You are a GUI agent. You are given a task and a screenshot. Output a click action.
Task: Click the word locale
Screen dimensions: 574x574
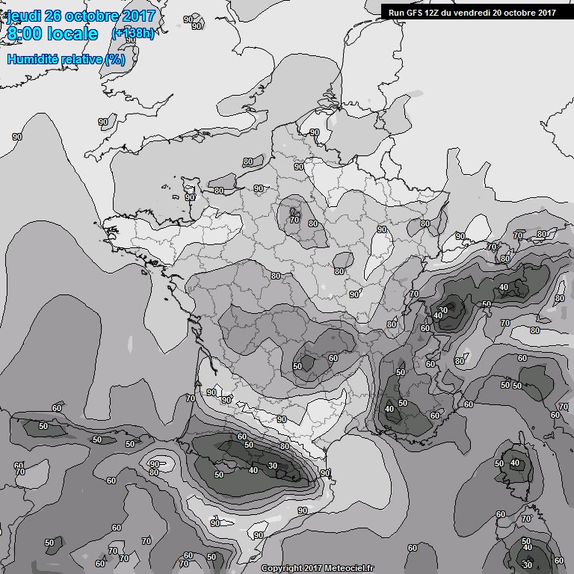(x=75, y=34)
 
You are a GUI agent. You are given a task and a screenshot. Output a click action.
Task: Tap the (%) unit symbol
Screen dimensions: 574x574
(x=114, y=59)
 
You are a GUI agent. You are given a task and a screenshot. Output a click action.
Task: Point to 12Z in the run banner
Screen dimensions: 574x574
(x=434, y=12)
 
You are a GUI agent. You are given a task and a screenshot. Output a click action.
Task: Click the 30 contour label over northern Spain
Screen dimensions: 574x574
(x=273, y=466)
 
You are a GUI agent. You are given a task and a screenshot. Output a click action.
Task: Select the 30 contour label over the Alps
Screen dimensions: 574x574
(x=443, y=310)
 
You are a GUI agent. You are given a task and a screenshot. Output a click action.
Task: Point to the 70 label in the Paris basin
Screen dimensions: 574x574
(x=294, y=220)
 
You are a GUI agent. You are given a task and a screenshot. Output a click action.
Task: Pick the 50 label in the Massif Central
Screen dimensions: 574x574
(x=297, y=366)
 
